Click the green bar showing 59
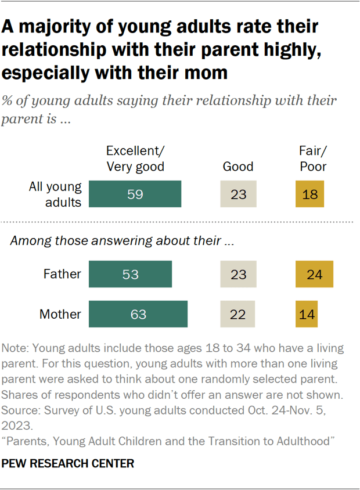point(135,194)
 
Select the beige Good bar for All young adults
point(238,194)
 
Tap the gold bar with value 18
point(309,194)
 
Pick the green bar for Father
point(130,274)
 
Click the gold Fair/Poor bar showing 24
point(314,274)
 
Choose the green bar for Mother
point(138,314)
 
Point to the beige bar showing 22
point(238,314)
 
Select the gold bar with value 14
point(307,314)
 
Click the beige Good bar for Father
point(238,274)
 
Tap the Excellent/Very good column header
point(135,158)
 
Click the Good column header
point(238,167)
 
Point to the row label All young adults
point(56,194)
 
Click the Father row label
point(63,274)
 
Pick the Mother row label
point(60,314)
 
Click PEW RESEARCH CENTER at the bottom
point(69,463)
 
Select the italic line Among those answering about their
point(122,242)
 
